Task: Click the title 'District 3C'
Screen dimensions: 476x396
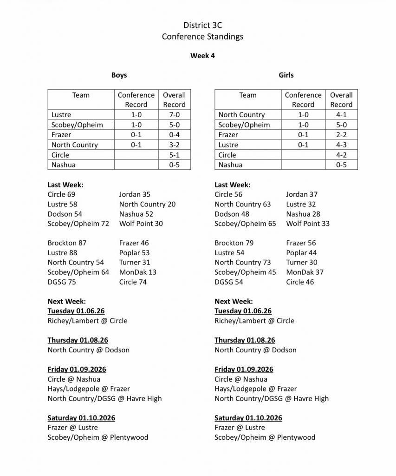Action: [202, 26]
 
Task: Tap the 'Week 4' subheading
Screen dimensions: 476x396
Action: [202, 56]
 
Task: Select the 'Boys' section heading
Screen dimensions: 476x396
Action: [119, 75]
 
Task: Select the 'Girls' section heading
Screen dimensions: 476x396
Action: [286, 75]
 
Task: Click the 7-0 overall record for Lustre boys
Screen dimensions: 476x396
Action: [174, 115]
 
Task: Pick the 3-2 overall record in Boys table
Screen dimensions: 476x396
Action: [174, 145]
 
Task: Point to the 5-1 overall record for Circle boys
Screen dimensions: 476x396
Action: [174, 155]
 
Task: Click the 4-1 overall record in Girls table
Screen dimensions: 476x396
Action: [341, 115]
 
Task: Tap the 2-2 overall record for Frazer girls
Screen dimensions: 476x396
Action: [341, 135]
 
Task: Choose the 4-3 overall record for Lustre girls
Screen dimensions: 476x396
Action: [341, 145]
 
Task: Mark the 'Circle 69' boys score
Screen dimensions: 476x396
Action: [61, 194]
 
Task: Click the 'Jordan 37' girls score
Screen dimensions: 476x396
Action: [302, 194]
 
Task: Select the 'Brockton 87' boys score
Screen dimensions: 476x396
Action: [67, 243]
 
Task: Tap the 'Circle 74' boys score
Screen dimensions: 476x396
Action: [133, 282]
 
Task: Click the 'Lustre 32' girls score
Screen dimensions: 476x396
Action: [301, 204]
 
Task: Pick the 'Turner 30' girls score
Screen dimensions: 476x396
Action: [302, 262]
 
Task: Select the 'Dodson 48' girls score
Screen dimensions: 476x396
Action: [232, 214]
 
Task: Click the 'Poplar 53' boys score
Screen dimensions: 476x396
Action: [134, 252]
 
